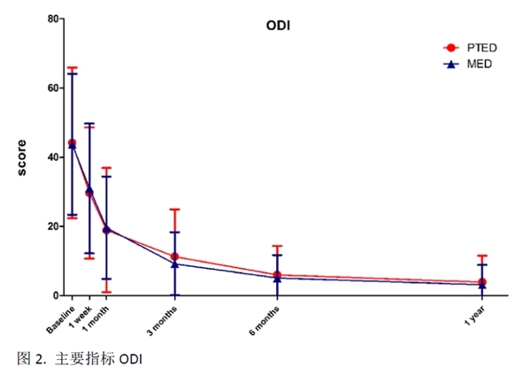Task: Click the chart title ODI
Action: (x=279, y=27)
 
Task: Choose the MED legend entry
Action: (x=479, y=64)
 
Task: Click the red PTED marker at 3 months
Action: (x=175, y=256)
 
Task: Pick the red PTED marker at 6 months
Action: (x=277, y=274)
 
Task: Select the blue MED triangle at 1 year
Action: (x=482, y=284)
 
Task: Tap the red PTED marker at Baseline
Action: (x=72, y=142)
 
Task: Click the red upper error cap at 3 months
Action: (x=175, y=210)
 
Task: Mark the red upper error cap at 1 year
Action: (x=482, y=256)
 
